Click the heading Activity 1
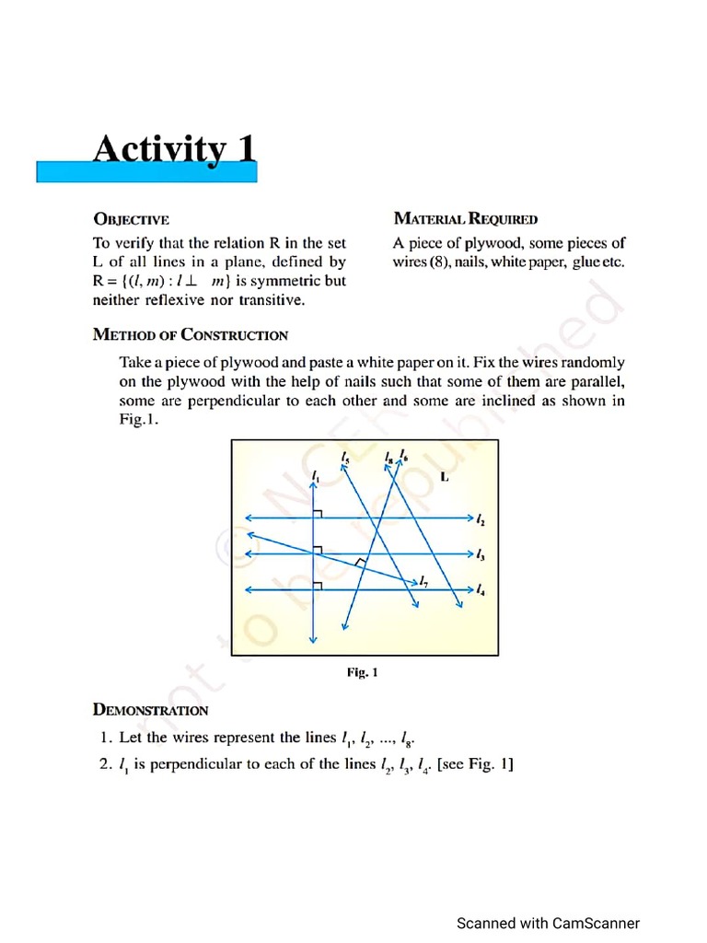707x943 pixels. tap(174, 149)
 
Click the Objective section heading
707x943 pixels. tap(131, 219)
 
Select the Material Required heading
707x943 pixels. tap(465, 219)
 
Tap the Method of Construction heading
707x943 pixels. tap(191, 335)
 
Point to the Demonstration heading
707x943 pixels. tap(150, 710)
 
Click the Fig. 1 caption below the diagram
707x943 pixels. tap(362, 672)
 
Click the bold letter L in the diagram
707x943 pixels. tap(445, 477)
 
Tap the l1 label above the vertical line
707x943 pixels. tap(315, 474)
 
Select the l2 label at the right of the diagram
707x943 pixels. tap(481, 520)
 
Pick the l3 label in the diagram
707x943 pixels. tap(481, 554)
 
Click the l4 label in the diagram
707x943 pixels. tap(481, 589)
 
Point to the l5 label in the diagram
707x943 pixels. tap(344, 457)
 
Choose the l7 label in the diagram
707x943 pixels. tap(423, 581)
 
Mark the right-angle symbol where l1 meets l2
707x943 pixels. tap(319, 513)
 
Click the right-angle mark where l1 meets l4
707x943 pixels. tap(319, 584)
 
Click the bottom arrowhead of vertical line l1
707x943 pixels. tap(314, 639)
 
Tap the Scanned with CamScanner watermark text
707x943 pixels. tap(548, 924)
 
